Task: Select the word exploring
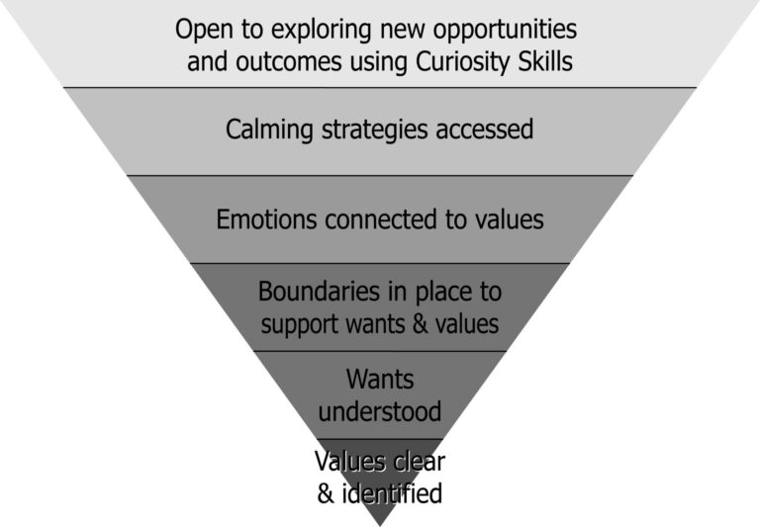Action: (x=322, y=30)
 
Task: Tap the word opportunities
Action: (x=505, y=30)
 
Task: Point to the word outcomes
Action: (x=289, y=62)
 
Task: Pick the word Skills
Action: (x=545, y=61)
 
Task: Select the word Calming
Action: (x=269, y=130)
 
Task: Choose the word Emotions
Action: (x=266, y=219)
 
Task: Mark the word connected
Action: (x=381, y=219)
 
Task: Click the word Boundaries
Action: (x=319, y=292)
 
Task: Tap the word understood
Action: (x=380, y=411)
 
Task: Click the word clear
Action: (x=419, y=461)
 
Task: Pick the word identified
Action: (x=392, y=494)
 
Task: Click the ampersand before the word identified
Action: (x=327, y=494)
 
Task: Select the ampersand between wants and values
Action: (x=420, y=323)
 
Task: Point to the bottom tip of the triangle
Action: (x=380, y=526)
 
